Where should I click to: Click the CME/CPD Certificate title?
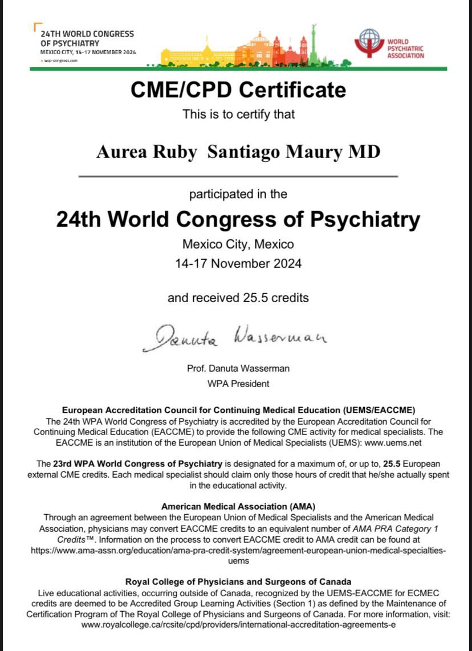[238, 90]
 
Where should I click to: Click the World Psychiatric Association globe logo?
[369, 43]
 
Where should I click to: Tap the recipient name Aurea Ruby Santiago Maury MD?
[238, 152]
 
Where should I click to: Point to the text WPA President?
[238, 384]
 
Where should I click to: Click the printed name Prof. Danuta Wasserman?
[238, 368]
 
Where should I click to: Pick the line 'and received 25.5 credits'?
[238, 298]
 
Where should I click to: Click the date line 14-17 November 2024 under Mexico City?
[238, 263]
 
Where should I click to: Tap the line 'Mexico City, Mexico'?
[238, 245]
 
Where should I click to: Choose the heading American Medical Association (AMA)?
[238, 506]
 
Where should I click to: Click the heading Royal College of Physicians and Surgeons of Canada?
[238, 582]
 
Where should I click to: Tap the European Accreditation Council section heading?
[238, 410]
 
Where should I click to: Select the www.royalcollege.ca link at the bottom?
[238, 625]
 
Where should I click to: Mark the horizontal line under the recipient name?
[238, 177]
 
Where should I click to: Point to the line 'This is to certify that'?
[238, 114]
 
